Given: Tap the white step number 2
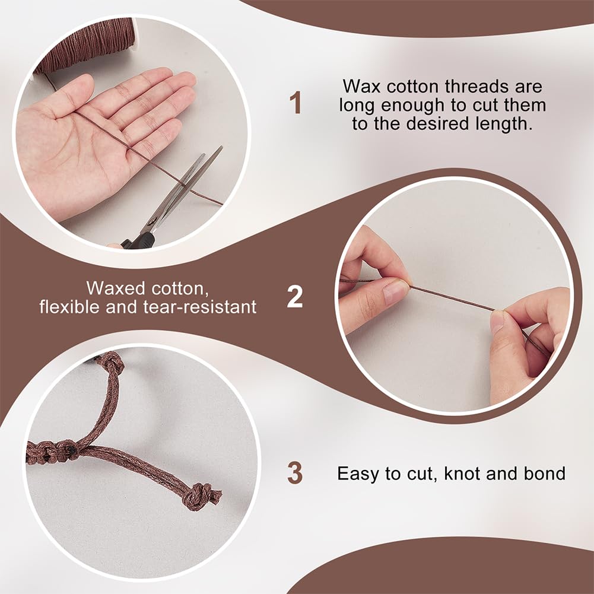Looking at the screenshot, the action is click(295, 297).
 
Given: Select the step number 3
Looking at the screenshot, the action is click(295, 473).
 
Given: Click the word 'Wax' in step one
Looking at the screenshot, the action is click(361, 87).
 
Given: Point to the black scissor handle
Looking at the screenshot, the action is click(139, 241).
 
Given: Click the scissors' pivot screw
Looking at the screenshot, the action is click(152, 221).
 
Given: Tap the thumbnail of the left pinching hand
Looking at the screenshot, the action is click(395, 293).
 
